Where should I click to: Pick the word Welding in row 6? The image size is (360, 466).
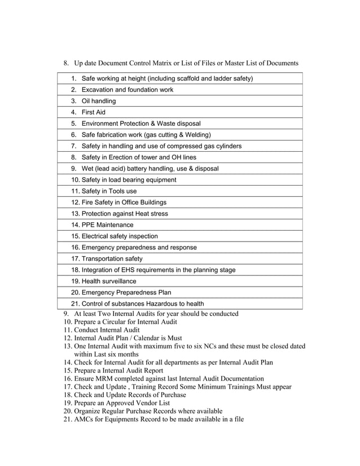point(197,135)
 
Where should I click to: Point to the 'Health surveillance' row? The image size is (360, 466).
point(108,282)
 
